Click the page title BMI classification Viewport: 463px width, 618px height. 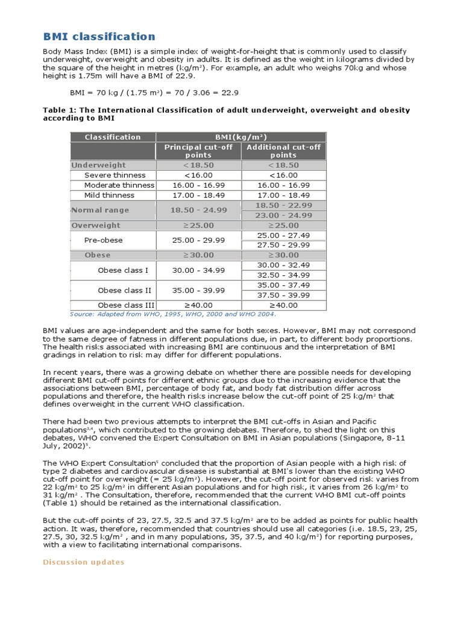pos(99,37)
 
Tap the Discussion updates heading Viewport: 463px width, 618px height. pos(84,562)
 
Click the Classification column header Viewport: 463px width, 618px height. pos(113,137)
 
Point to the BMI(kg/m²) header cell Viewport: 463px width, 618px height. pos(241,137)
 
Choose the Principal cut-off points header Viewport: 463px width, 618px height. pos(198,151)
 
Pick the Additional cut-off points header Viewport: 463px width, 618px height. pos(283,151)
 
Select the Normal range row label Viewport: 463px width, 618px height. pos(100,210)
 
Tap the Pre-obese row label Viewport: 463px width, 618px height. pos(103,240)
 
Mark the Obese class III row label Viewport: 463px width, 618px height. pos(126,305)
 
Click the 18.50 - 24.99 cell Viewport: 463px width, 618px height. pos(198,210)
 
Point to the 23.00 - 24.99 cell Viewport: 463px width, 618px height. pos(283,215)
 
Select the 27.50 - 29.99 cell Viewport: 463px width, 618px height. pos(283,245)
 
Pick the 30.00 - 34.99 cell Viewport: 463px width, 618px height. pos(198,270)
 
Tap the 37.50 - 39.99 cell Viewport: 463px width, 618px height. pos(283,295)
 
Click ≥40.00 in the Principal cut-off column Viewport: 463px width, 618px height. pos(198,305)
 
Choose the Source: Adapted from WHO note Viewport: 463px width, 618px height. pos(173,314)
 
